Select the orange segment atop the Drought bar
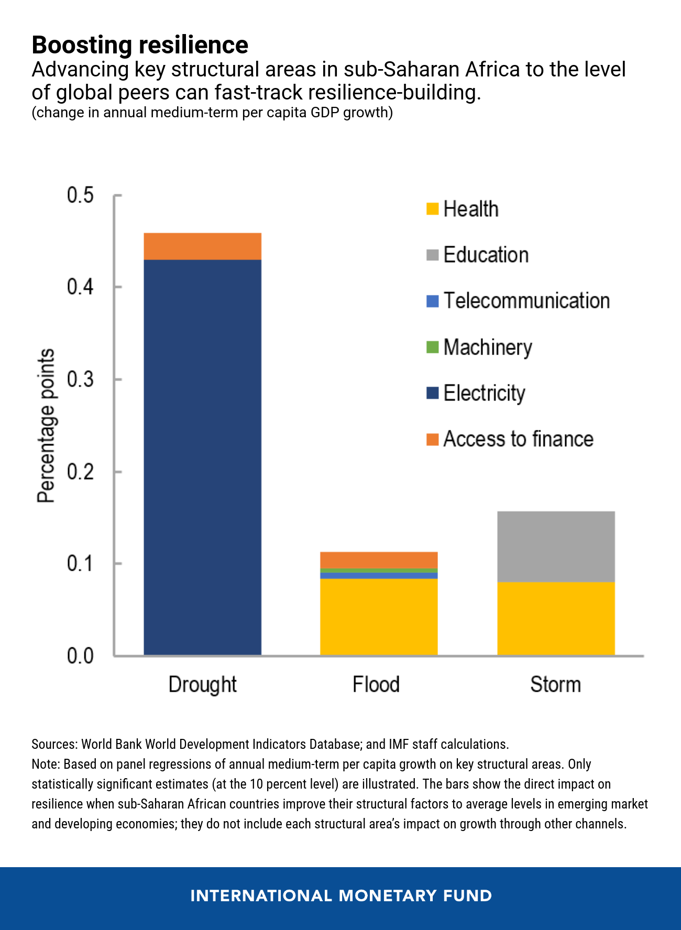pos(202,246)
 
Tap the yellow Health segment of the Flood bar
pos(379,616)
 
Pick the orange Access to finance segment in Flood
pos(379,560)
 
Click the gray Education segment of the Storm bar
pos(555,546)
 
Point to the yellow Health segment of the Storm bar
pos(555,618)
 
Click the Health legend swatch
pos(432,209)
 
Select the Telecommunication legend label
pos(526,301)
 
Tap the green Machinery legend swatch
pos(432,347)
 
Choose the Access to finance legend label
pos(518,439)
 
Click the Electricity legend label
pos(484,393)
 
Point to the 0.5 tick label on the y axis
pos(80,195)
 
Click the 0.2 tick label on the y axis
pos(80,472)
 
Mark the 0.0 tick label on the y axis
pos(80,656)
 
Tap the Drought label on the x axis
pos(202,685)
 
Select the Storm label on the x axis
pos(555,685)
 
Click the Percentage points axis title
pos(46,425)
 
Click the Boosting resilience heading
pos(140,45)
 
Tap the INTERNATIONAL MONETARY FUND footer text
pos(340,895)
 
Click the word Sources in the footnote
pos(54,744)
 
